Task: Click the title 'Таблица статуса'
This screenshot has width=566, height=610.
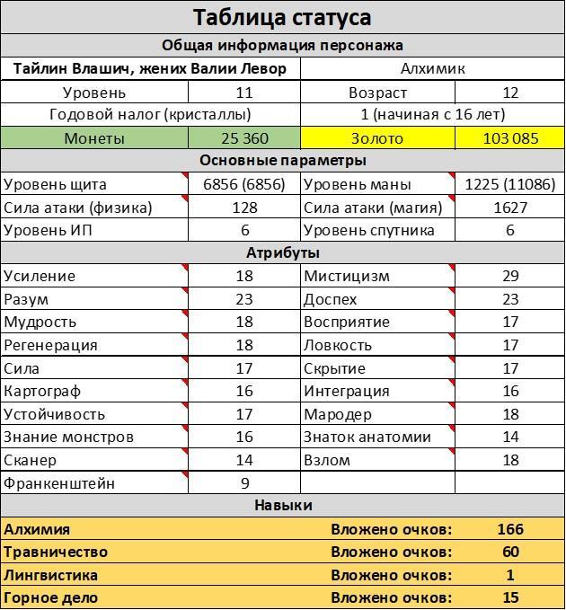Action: point(282,17)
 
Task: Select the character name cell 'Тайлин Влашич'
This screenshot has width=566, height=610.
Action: point(150,68)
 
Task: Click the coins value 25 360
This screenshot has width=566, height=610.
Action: point(244,138)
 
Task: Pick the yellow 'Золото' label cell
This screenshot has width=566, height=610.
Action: point(377,138)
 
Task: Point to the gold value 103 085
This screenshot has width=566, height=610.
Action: point(509,138)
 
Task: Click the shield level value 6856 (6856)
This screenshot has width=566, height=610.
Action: point(244,184)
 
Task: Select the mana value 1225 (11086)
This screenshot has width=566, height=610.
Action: point(509,184)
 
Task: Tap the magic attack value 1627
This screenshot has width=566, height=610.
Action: point(509,208)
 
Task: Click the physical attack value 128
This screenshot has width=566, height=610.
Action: point(244,208)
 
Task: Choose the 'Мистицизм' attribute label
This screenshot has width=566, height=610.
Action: point(347,276)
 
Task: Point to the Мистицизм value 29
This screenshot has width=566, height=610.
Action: point(509,276)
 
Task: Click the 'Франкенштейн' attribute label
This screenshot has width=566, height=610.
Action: point(59,483)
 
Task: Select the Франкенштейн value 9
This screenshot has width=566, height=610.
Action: point(244,483)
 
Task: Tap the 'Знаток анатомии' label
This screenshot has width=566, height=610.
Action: point(367,438)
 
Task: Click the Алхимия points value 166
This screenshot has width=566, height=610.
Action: point(509,529)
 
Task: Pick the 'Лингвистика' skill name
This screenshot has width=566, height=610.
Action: point(51,575)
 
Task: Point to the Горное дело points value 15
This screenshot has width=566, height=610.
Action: point(509,597)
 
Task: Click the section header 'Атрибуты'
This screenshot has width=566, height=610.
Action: point(282,253)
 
